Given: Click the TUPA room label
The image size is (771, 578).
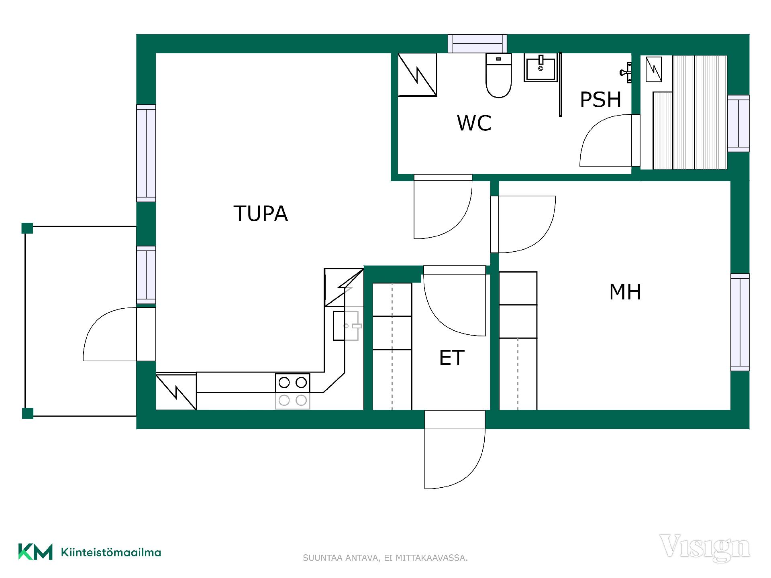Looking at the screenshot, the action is pos(261,213).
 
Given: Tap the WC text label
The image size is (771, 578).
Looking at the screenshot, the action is pos(474,123).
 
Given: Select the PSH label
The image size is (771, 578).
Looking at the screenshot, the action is pos(601,100).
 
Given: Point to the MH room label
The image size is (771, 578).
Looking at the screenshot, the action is pos(625,292).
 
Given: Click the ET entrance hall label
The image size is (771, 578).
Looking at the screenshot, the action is pos(452,358).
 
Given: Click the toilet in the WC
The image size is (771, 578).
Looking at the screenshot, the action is pos(499,75).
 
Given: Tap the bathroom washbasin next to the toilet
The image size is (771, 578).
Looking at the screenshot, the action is pos(541,67).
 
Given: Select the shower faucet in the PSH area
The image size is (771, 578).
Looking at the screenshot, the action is pos(626,73).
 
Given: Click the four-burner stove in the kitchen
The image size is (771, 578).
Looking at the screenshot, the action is pos(293,391).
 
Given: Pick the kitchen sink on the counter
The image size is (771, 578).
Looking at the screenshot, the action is pos(346,326).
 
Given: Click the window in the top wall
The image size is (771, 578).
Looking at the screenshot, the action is pos(477,44).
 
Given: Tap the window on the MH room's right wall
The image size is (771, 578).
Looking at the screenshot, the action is pos(740,322).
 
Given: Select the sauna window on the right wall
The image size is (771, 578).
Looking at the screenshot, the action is pos(738,123).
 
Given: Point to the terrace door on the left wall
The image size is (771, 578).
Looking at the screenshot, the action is pos(119,334).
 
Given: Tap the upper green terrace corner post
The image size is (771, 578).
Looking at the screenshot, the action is pos(27,228).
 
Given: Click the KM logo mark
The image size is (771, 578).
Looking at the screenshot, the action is pos(35,552).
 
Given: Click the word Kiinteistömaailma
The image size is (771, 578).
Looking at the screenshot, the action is pos(111,552).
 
